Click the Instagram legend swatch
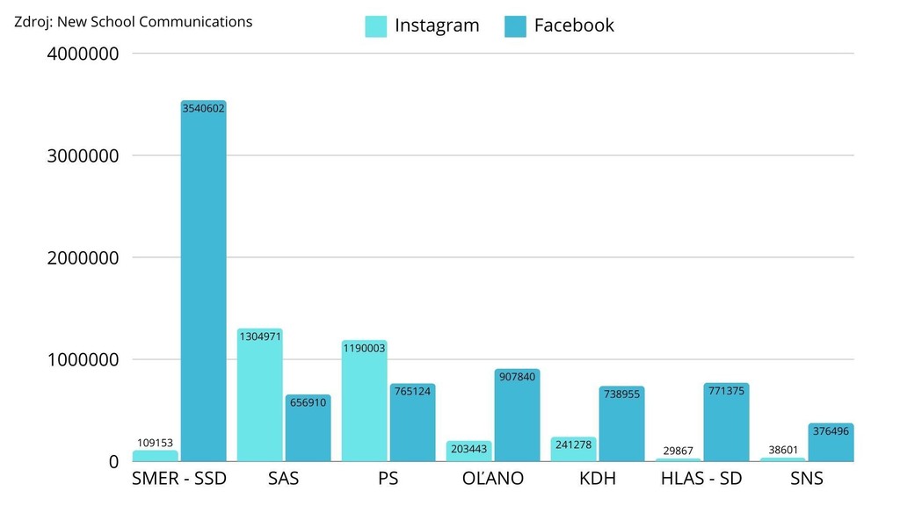(376, 26)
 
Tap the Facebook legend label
(574, 25)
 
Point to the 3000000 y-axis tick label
(82, 155)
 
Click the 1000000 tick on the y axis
(82, 359)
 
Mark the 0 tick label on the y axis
(113, 461)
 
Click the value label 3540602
(203, 109)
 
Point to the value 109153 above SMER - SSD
(155, 443)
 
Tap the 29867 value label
(677, 451)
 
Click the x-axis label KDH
(598, 479)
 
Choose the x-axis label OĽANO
(492, 479)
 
